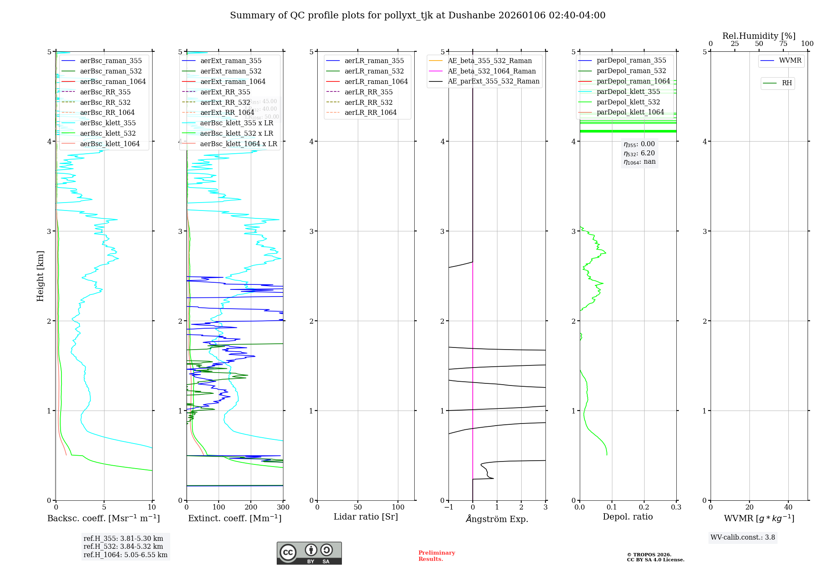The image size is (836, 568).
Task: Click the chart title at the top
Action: pos(418,15)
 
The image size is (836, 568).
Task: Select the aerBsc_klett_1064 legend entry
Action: pos(110,144)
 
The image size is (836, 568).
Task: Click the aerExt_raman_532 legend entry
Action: pos(231,71)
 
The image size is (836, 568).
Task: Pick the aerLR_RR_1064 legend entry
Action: pos(370,112)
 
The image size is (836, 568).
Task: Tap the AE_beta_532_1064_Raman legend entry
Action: pos(492,71)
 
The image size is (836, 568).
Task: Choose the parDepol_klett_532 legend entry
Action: pos(628,102)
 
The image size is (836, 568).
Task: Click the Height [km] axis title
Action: pos(40,276)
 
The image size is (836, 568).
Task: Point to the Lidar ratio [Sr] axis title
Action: pos(366,517)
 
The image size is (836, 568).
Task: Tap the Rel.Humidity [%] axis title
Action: pos(759,36)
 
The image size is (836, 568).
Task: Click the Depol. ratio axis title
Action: pos(627,517)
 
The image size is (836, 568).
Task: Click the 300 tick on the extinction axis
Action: pos(283,507)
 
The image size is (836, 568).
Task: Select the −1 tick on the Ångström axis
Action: pos(449,507)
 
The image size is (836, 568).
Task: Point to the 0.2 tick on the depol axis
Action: pos(644,507)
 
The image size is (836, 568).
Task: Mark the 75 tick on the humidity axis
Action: pos(783,44)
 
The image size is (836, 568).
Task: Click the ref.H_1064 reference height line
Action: pos(125,555)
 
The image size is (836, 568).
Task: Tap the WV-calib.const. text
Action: pos(743,538)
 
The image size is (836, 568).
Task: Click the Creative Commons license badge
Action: pos(309,553)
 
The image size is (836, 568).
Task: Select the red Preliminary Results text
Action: pos(436,556)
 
